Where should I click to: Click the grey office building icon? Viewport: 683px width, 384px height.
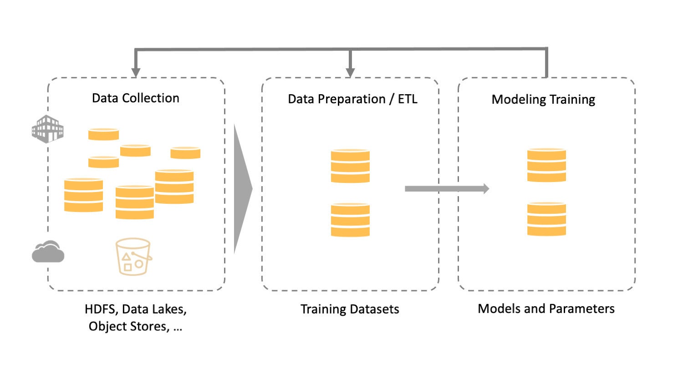pos(48,129)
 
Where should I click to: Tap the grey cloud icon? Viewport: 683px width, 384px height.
pos(48,252)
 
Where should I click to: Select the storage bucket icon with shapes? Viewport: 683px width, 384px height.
pos(133,257)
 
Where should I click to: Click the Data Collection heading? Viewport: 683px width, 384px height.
pos(136,98)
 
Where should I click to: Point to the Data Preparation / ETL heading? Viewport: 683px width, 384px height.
pos(352,99)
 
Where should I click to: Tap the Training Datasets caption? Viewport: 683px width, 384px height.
pos(350,309)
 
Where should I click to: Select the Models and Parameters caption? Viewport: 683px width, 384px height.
pos(546,309)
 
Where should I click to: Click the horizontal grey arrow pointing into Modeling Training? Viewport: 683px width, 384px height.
pos(447,189)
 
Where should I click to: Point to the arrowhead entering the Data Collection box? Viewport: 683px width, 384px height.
pos(136,72)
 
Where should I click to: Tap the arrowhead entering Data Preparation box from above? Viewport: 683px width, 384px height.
pos(350,72)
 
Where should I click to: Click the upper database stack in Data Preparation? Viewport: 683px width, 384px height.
pos(350,166)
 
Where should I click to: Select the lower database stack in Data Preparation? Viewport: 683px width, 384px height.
pos(350,220)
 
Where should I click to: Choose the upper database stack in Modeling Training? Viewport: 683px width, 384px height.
pos(547,165)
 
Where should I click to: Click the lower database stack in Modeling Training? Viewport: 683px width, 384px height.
pos(547,219)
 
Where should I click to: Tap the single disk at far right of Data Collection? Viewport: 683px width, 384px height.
pos(185,152)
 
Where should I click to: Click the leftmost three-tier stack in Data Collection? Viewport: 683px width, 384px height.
pos(83,195)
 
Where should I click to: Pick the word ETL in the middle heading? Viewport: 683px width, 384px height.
pos(408,99)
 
